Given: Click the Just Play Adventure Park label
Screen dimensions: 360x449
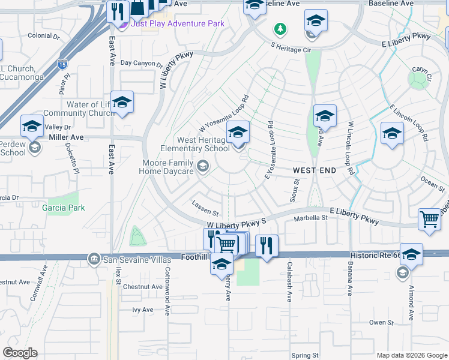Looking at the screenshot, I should tap(177, 23).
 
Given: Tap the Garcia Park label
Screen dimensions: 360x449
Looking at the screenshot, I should tap(63, 208).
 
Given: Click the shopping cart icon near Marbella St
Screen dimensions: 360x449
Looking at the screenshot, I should tap(430, 220).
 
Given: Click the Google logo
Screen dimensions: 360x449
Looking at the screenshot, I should tap(20, 352).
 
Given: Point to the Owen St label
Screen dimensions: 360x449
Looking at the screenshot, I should tap(381, 323).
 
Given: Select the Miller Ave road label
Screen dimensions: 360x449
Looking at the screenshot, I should tap(66, 137).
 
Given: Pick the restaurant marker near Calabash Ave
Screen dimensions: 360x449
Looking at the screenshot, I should tap(266, 245).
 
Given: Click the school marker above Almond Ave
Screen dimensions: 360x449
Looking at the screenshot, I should tap(411, 254).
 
